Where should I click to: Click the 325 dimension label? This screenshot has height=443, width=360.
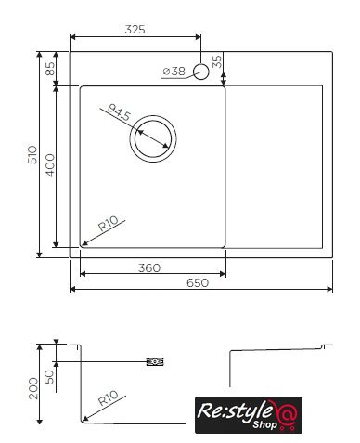135,30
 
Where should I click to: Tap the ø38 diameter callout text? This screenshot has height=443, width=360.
174,72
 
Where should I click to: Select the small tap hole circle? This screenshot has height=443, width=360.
201,72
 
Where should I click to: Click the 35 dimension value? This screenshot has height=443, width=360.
217,61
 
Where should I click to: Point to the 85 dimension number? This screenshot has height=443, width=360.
50,69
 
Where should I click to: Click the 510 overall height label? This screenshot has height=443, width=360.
32,155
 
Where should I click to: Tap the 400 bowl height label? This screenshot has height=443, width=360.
50,165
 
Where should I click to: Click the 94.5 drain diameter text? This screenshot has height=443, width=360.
120,112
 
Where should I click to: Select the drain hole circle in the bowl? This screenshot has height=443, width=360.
153,115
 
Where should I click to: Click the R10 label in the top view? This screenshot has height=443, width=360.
109,224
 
